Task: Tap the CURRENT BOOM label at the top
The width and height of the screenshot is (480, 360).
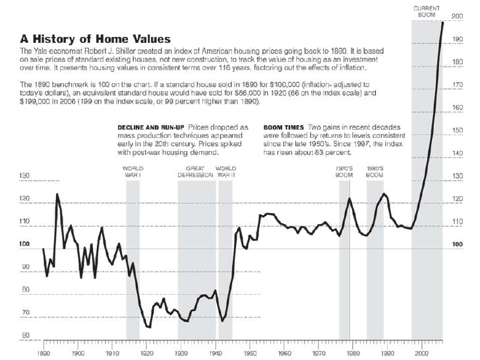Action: click(x=426, y=10)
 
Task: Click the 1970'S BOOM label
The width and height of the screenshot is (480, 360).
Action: click(x=344, y=171)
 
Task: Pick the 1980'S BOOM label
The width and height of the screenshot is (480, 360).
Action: click(x=375, y=171)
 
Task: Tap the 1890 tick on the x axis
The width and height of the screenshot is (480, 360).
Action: click(x=44, y=353)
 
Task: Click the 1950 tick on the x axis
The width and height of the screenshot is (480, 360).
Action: click(x=250, y=353)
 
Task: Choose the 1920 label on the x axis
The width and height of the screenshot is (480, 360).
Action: click(x=147, y=353)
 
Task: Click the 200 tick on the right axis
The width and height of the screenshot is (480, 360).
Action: click(x=456, y=15)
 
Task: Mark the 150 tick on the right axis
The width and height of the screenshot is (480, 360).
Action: click(x=456, y=131)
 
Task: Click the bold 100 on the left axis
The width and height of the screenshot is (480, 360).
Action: click(x=25, y=245)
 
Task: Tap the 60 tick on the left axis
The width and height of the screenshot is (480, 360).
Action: click(x=25, y=336)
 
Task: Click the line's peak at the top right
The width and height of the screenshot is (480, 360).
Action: click(x=442, y=22)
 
